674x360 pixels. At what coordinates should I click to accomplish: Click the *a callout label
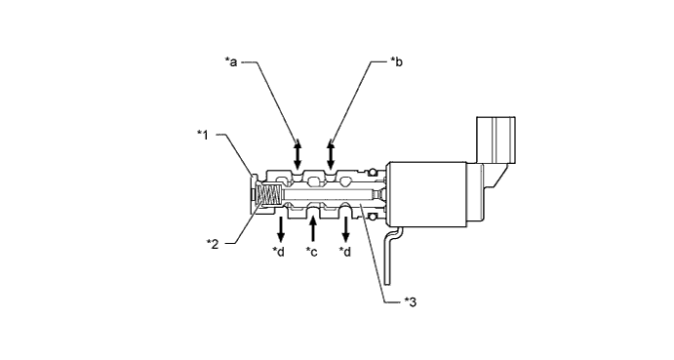coord(231,61)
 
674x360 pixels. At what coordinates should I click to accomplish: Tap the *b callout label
coord(396,61)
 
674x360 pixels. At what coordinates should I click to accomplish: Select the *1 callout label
coord(203,135)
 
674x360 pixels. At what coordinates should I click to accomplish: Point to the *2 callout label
coord(213,244)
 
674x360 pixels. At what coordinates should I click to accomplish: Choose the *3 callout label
coord(411,301)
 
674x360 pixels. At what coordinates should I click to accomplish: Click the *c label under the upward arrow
coord(311,252)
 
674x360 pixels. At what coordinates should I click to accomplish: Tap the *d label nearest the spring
coord(279,252)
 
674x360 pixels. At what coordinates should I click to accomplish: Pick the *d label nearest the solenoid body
coord(345,252)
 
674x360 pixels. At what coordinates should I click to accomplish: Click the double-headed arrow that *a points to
coord(297,154)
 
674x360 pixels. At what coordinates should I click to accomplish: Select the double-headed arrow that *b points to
coord(331,154)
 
